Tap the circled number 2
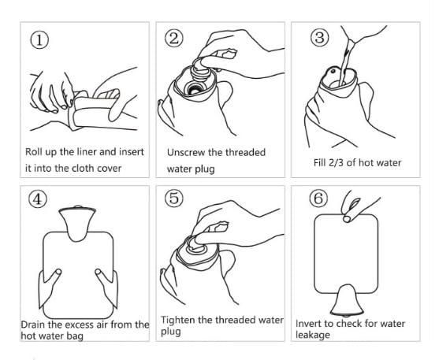[175, 38]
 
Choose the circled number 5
[175, 199]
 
